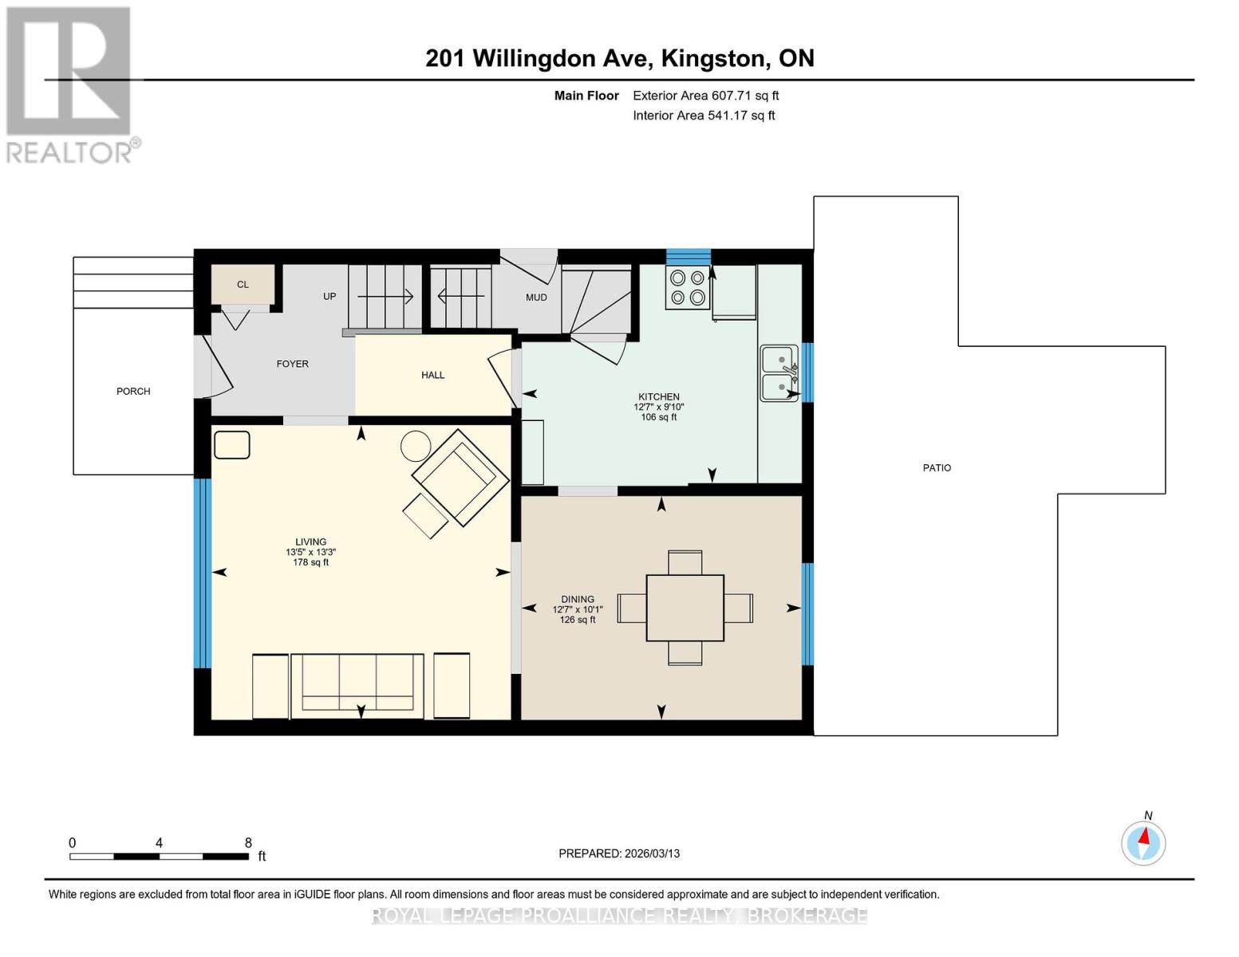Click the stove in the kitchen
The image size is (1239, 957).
pyautogui.click(x=687, y=288)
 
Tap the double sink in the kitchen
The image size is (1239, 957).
pyautogui.click(x=779, y=373)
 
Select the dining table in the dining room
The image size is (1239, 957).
pyautogui.click(x=685, y=608)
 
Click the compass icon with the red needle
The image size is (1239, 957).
pyautogui.click(x=1143, y=842)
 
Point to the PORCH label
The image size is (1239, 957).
pyautogui.click(x=133, y=392)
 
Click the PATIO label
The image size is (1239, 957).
pyautogui.click(x=937, y=468)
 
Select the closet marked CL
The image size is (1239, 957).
pyautogui.click(x=243, y=285)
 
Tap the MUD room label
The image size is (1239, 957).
pyautogui.click(x=536, y=297)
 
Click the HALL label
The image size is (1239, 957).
pyautogui.click(x=433, y=375)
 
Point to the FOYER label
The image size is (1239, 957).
pyautogui.click(x=292, y=364)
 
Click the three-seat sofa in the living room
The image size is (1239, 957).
pyautogui.click(x=357, y=683)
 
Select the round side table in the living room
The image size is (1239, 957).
pyautogui.click(x=416, y=446)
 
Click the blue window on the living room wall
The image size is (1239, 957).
pyautogui.click(x=203, y=573)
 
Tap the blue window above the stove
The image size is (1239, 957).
pyautogui.click(x=688, y=257)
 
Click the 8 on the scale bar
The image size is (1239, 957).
pyautogui.click(x=248, y=843)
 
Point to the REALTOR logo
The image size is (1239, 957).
pyautogui.click(x=70, y=84)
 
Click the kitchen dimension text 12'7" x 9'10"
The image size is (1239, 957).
pyautogui.click(x=659, y=407)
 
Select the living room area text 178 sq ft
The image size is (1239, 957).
pyautogui.click(x=310, y=562)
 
